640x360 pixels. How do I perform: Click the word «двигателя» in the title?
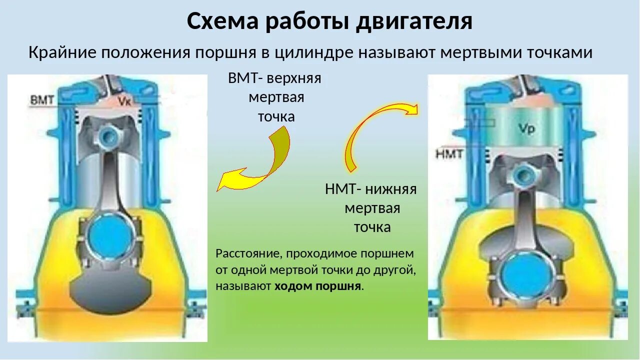414,21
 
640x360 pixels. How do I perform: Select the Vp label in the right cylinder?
526,129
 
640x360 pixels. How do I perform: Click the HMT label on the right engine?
449,153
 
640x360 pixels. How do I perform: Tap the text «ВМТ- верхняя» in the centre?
274,78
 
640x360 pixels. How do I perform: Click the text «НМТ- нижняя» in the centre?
370,189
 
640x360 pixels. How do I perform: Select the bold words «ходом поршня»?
317,286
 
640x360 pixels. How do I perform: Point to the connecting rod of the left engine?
108,185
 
